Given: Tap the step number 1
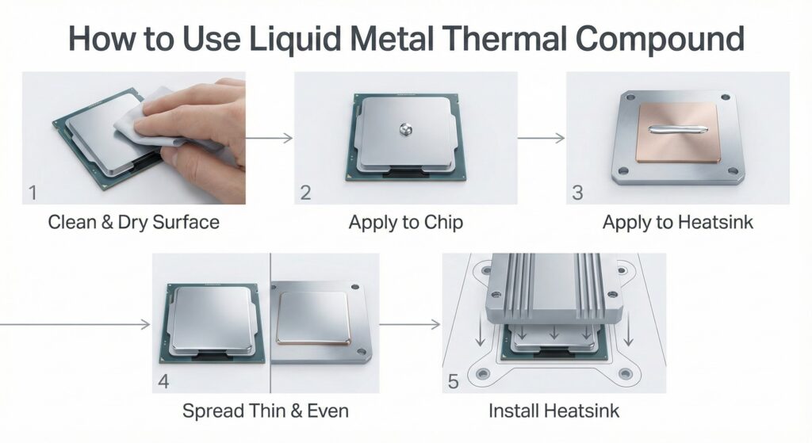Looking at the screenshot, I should (33, 192).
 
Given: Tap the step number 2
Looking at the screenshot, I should (306, 192).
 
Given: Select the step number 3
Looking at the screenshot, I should (577, 192).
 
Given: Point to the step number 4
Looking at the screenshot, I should (164, 381).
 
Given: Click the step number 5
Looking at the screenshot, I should (454, 382).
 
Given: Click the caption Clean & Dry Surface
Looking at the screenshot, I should (133, 222).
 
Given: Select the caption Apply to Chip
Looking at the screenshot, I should (405, 222).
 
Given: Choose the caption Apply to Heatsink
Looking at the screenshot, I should (677, 222).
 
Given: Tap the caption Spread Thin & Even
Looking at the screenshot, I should (265, 411).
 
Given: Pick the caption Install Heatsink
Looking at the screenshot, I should (553, 411).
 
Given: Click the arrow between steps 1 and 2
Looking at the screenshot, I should (270, 138).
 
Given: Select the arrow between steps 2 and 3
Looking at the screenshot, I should (542, 138).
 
